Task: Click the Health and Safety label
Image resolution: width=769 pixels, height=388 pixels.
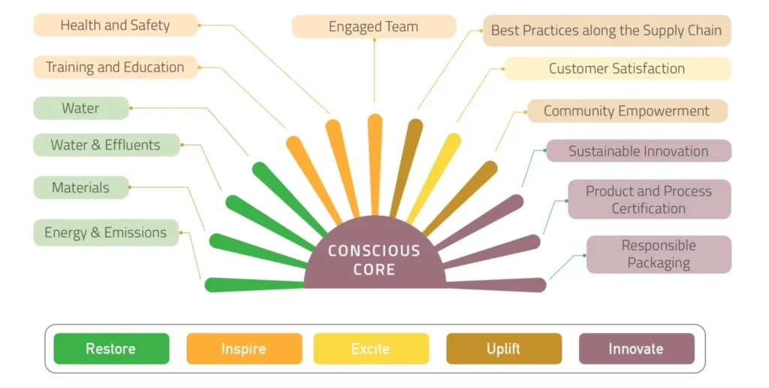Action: point(115,25)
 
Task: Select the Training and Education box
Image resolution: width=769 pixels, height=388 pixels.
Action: point(115,67)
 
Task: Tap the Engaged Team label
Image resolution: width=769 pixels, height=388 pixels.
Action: point(373,26)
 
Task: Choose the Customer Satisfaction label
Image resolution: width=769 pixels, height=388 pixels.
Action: point(617,68)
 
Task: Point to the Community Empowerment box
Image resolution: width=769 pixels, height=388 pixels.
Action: point(626,111)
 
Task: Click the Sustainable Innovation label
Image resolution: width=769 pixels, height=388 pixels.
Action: point(638,150)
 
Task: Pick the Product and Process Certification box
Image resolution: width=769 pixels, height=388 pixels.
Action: point(649,199)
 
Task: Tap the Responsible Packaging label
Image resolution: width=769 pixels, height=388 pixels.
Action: point(659,254)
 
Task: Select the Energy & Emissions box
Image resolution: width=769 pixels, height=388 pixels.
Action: point(105,232)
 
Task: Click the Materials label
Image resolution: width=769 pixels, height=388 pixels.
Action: point(80,187)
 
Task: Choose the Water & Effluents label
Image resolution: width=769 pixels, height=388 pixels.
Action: point(106,144)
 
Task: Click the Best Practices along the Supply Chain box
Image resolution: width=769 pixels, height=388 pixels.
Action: point(606,31)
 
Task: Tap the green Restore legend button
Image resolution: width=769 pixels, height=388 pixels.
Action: point(111,349)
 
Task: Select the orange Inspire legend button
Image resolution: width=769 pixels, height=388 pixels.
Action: point(243,349)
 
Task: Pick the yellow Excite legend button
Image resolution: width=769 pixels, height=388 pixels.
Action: point(370,349)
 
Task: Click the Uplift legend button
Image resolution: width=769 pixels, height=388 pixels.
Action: point(503,349)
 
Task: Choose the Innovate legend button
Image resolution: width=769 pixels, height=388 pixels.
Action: point(636,349)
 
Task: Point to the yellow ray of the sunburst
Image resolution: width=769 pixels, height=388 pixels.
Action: point(436,177)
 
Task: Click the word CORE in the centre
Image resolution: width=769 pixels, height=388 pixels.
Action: point(374,269)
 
